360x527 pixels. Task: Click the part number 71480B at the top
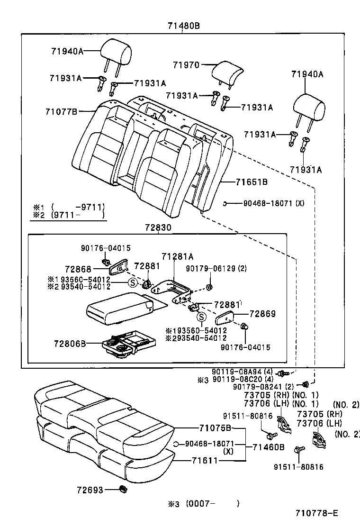coord(183,26)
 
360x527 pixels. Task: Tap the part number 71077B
coord(61,112)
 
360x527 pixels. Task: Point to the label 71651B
coord(252,182)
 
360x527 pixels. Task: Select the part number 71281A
coord(178,256)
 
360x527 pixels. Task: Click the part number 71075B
coord(215,428)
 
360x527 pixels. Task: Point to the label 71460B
coord(268,447)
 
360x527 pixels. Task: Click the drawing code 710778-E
coord(317,513)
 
